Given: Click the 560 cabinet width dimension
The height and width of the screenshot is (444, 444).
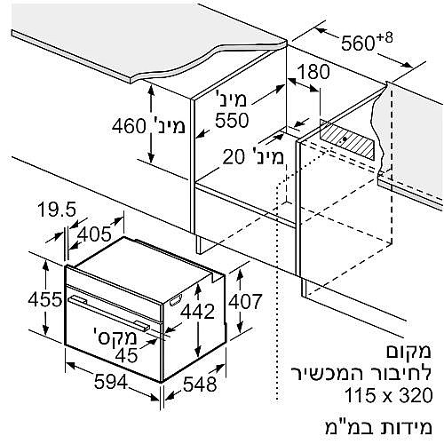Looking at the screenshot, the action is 358,44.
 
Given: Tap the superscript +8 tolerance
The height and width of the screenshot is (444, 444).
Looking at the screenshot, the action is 385,38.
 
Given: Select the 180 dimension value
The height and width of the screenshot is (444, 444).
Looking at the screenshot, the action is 313,72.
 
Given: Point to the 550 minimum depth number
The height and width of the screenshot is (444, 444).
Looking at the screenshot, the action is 232,120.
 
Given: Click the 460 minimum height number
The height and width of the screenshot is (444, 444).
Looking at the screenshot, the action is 129,126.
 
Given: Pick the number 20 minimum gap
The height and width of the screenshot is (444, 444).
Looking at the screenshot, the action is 234,156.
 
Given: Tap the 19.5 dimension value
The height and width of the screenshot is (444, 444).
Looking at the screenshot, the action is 57,209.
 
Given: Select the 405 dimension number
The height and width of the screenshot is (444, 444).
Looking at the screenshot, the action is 94,234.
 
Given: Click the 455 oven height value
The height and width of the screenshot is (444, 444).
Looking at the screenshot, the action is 45,299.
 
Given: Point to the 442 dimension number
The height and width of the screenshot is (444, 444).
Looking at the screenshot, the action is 197,312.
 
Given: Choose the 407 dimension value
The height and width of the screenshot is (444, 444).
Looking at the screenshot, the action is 245,301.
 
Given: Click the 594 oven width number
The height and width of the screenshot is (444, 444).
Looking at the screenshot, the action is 111,382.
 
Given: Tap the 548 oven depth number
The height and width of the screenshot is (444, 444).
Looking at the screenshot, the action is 200,385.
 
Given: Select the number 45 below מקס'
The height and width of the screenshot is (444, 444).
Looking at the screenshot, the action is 126,355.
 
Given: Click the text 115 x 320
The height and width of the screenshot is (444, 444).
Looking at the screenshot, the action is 389,395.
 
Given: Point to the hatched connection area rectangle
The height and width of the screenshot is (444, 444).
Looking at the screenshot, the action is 347,139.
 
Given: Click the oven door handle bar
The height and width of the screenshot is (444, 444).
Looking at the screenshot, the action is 109,313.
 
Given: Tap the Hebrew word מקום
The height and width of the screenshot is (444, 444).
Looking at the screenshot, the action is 408,352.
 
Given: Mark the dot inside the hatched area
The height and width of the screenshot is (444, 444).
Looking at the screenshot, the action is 345,139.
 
